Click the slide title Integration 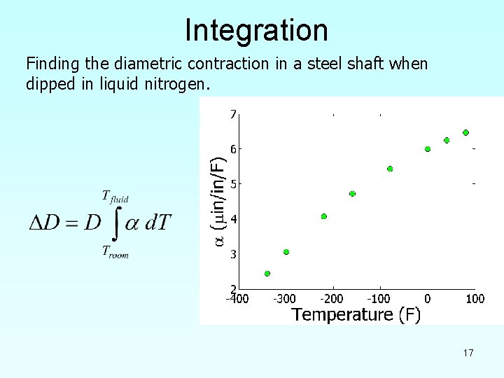pos(256,30)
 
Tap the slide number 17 pos(468,353)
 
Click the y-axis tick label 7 pos(233,114)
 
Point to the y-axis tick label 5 pos(233,184)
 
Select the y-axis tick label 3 pos(233,254)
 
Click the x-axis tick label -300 pos(283,299)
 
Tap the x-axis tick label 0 pos(427,299)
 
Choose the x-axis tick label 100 pos(475,299)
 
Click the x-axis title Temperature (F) pos(356,315)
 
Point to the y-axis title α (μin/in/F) pos(219,200)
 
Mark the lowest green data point pos(267,274)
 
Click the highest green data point pos(465,132)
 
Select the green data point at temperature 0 pos(428,149)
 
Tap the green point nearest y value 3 pos(286,252)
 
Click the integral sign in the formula pos(117,223)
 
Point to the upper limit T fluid pos(115,197)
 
